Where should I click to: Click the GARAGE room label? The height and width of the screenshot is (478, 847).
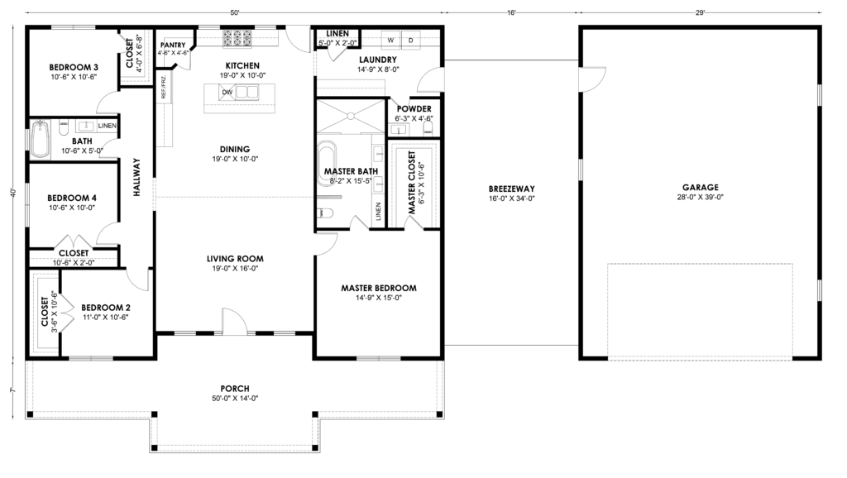point(700,188)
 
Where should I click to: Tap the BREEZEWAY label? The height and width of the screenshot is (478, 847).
point(511,189)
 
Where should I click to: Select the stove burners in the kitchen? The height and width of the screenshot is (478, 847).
point(237,38)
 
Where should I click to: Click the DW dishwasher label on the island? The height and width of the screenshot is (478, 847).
point(227,93)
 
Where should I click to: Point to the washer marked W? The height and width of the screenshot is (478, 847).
point(390,41)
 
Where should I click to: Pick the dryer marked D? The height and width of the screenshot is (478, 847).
point(410,41)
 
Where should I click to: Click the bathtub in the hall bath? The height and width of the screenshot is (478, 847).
point(40,139)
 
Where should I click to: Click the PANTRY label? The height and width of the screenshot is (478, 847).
point(173,45)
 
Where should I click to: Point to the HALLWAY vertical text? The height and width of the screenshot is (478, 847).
point(136,177)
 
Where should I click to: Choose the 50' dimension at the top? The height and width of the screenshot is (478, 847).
point(234,12)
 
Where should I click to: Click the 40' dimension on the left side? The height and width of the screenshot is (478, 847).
point(13,193)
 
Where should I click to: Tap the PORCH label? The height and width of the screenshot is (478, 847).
point(235,389)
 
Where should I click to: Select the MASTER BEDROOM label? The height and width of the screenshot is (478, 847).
point(379,288)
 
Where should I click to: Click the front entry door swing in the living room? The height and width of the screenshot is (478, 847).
point(234,322)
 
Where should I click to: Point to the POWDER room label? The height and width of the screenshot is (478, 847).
point(414,108)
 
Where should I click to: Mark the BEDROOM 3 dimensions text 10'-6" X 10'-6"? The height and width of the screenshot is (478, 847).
point(73,77)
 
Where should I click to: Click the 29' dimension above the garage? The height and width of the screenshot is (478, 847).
point(700,12)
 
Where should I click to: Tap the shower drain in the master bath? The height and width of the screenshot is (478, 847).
point(351,116)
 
